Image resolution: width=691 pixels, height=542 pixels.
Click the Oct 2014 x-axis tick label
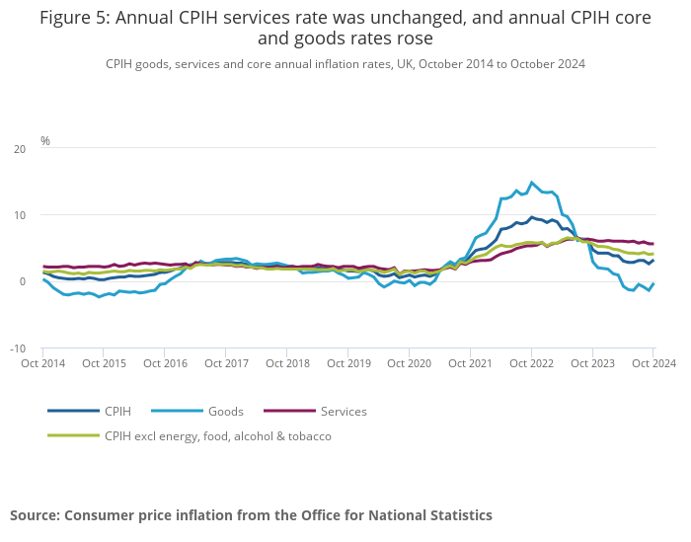(42, 363)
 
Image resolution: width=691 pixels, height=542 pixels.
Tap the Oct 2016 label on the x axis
(165, 363)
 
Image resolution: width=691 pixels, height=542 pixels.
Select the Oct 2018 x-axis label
(286, 363)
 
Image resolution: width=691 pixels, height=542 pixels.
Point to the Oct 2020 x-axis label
(409, 363)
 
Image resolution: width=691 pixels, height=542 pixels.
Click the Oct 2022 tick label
(531, 363)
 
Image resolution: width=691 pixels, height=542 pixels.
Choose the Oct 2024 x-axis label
(652, 363)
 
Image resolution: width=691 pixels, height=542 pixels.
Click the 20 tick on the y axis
(21, 149)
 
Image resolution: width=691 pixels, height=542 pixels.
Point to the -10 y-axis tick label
(19, 348)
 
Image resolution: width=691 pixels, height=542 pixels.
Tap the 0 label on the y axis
(23, 281)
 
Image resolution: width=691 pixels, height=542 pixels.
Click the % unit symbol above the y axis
(45, 141)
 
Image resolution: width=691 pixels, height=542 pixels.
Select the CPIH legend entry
(117, 411)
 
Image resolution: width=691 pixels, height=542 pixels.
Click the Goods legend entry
(225, 411)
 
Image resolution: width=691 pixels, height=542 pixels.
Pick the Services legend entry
(344, 411)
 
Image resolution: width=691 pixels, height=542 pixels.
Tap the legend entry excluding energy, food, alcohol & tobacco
(217, 435)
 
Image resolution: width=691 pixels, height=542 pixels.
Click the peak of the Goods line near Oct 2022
(532, 183)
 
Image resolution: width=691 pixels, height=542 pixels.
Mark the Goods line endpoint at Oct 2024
(653, 283)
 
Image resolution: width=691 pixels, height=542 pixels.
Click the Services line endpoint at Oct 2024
(653, 244)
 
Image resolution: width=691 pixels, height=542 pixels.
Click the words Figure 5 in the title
(74, 17)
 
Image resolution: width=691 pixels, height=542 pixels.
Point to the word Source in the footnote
(35, 515)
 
